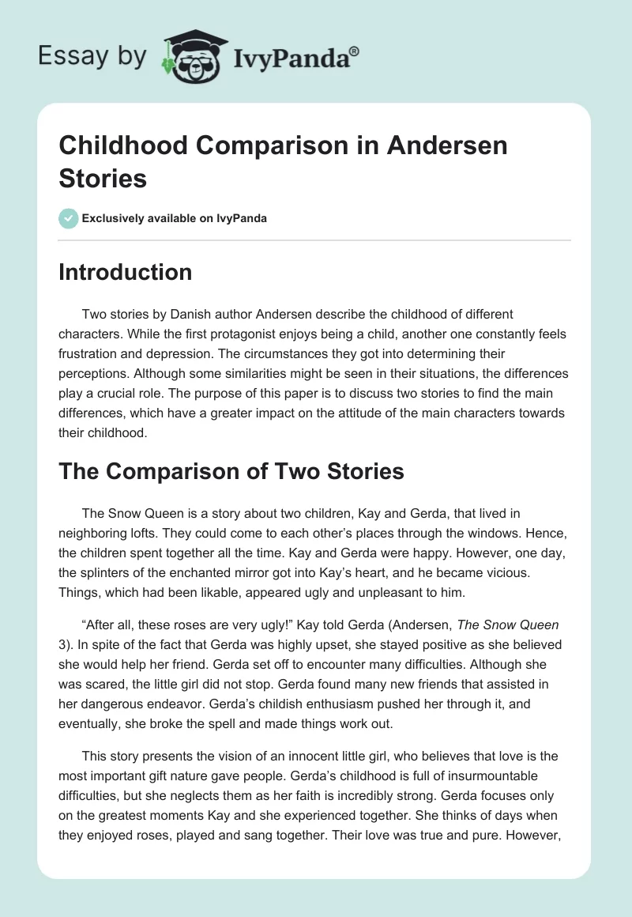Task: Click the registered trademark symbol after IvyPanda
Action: click(354, 51)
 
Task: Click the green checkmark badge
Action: click(69, 218)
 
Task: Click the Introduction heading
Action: click(126, 272)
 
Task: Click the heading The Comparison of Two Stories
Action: click(231, 471)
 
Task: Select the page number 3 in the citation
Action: click(62, 643)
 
